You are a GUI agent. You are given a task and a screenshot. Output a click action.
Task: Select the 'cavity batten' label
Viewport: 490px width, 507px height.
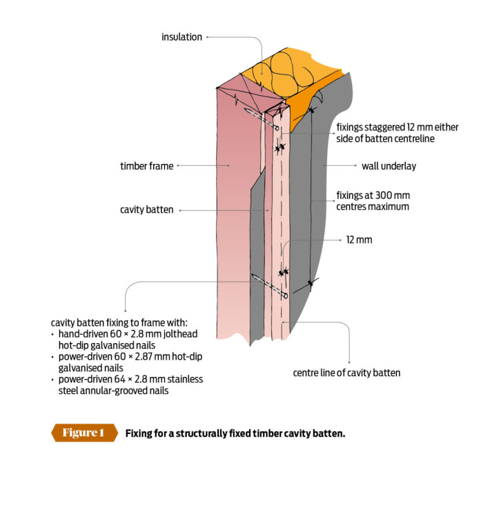[145, 210]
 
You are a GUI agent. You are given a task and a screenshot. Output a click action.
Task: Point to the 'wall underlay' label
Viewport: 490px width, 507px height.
[389, 165]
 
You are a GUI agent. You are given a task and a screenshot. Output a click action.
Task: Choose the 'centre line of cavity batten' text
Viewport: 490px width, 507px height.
[347, 373]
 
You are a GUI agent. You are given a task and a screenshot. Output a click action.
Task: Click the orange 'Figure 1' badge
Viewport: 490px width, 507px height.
[84, 433]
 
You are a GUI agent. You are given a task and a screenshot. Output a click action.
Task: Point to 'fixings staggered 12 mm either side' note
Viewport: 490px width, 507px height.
[397, 132]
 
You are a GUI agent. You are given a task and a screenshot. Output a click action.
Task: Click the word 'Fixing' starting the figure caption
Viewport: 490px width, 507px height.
[140, 433]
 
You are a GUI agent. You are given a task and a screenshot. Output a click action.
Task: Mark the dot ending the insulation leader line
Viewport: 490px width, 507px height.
[208, 37]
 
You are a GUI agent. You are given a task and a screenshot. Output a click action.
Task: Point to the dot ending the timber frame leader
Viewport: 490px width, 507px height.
[179, 165]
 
